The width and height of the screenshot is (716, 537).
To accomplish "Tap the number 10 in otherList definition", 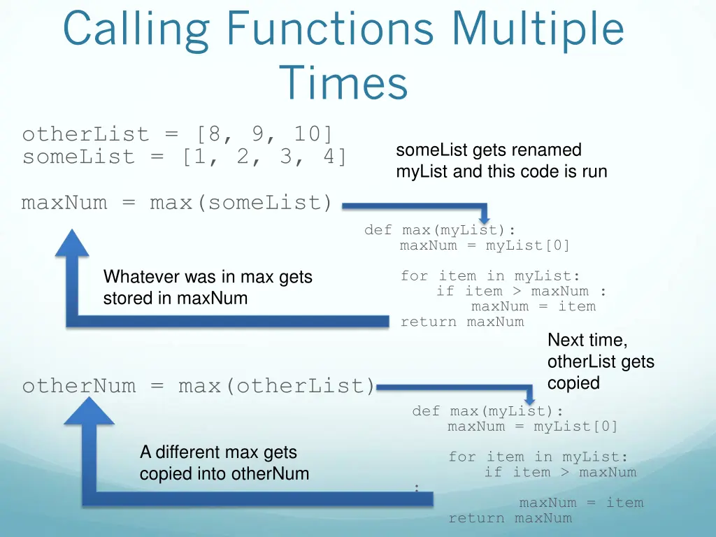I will (x=307, y=134).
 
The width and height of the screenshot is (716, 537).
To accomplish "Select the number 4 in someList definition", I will (x=329, y=157).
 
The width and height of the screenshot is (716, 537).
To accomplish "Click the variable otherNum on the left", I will (x=78, y=386).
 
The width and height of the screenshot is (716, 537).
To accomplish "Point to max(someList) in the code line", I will (x=241, y=203).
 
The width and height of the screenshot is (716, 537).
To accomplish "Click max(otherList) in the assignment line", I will (x=277, y=386).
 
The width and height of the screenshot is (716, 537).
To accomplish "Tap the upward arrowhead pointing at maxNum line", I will (x=72, y=242).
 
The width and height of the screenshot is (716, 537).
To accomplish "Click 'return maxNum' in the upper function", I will (x=461, y=322).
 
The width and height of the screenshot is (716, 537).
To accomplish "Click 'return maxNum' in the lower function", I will (x=510, y=518).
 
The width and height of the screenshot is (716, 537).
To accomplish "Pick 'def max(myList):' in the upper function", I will (x=441, y=230).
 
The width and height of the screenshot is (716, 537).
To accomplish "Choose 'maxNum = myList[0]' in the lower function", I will (x=532, y=427).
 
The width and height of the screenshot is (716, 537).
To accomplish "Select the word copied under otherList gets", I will (x=573, y=383).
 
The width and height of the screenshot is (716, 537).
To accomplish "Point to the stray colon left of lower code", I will (x=417, y=488).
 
